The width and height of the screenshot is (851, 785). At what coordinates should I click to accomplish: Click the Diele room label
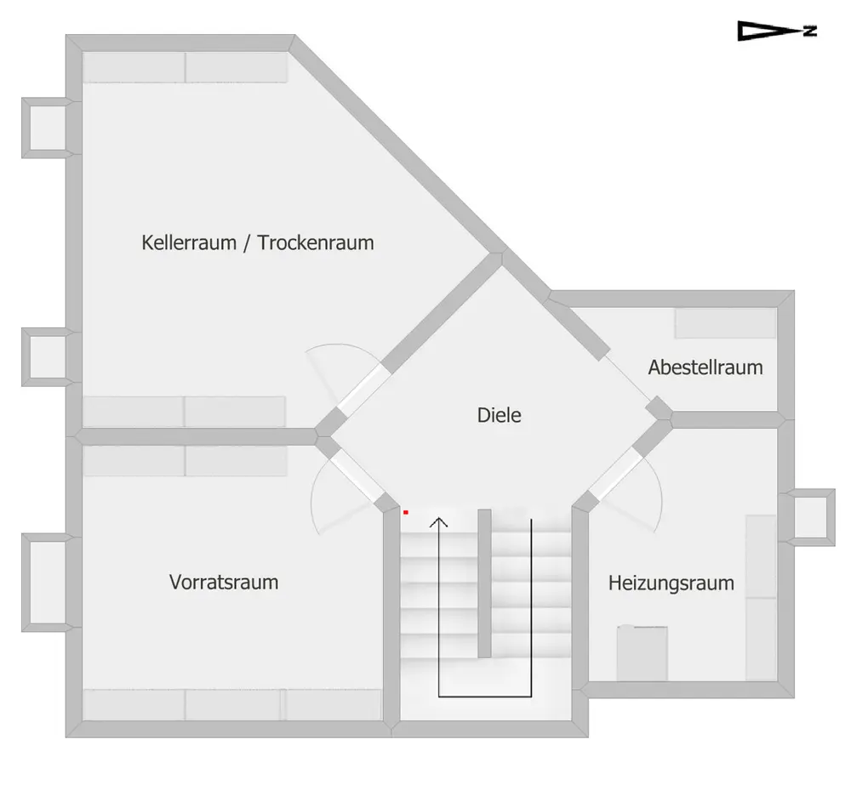[x=499, y=415]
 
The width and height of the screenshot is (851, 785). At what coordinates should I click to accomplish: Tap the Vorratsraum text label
[x=224, y=582]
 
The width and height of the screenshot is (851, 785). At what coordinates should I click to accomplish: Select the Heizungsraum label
[x=671, y=583]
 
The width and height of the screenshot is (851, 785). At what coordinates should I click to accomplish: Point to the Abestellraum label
[x=705, y=367]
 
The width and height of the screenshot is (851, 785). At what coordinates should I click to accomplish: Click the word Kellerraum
[x=189, y=242]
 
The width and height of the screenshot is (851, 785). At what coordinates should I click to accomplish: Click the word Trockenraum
[x=316, y=242]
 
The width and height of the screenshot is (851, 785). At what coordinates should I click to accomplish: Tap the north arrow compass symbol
[x=777, y=31]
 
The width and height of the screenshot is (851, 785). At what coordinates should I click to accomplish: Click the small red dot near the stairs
[x=405, y=512]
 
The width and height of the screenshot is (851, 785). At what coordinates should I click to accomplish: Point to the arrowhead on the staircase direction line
[x=438, y=522]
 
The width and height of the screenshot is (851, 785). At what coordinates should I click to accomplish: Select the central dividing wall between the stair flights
[x=484, y=583]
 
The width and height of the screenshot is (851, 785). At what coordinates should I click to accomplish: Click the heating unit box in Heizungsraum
[x=642, y=653]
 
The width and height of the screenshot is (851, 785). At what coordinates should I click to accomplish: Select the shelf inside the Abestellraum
[x=725, y=323]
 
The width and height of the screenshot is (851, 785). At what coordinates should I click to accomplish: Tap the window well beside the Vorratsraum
[x=47, y=582]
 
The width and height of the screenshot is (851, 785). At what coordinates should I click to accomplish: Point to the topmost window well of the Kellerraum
[x=47, y=128]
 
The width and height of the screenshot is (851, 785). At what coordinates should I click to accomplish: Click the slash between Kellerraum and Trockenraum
[x=247, y=243]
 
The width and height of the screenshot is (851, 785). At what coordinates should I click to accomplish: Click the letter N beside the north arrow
[x=810, y=31]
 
